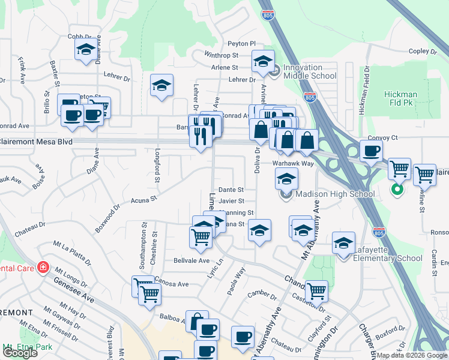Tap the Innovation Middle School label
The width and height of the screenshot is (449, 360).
click(x=310, y=72)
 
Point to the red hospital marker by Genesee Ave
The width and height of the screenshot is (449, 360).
click(x=43, y=267)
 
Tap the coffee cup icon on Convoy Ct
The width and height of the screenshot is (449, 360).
click(x=370, y=151)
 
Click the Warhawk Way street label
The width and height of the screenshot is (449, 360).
click(x=293, y=163)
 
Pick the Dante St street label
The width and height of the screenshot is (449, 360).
click(x=231, y=190)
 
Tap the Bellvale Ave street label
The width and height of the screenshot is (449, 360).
click(x=191, y=261)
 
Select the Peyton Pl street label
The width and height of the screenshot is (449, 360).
click(x=241, y=44)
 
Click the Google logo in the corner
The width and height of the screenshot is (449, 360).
click(x=20, y=353)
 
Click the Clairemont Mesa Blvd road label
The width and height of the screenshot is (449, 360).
click(x=36, y=142)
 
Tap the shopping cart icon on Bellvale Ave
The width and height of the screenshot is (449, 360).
click(x=200, y=236)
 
